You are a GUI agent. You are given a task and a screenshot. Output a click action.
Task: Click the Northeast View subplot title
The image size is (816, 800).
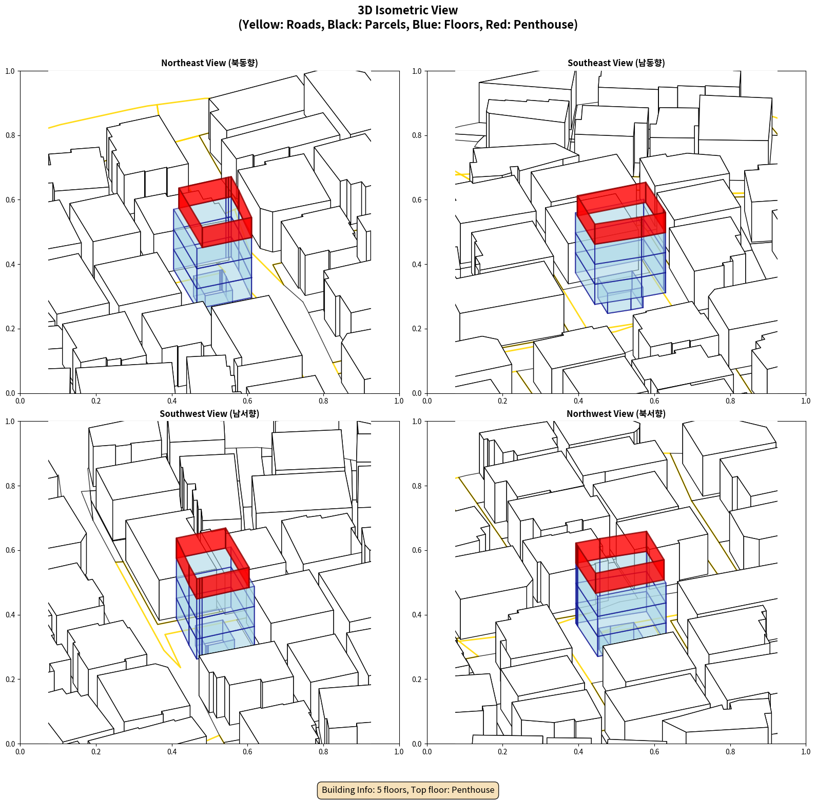[209, 63]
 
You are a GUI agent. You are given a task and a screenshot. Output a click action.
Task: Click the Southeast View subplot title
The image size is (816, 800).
[616, 63]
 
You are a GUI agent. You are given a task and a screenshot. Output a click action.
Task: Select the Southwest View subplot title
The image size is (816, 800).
[209, 413]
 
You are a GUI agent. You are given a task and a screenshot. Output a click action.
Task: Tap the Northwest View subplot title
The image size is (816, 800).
[616, 413]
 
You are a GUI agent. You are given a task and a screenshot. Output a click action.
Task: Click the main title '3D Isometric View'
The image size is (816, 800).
[408, 10]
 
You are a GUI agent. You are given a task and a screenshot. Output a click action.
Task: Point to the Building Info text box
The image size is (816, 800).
[408, 790]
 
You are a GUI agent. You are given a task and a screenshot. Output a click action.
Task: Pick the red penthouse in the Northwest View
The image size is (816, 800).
[620, 562]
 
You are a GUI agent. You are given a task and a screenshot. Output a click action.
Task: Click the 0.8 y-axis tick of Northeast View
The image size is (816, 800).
[10, 135]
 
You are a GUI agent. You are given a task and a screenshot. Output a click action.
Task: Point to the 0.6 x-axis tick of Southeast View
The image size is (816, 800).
[654, 401]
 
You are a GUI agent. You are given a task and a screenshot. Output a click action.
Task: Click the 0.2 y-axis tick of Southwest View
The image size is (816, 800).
[10, 679]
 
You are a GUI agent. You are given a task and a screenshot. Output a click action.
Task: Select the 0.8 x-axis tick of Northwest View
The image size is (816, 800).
[730, 752]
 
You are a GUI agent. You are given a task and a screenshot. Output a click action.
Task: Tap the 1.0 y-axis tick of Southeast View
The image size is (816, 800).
[417, 71]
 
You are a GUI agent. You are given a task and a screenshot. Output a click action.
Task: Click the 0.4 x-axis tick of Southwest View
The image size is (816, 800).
[172, 752]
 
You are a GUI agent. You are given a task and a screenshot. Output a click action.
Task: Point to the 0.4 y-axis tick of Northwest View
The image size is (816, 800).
[417, 614]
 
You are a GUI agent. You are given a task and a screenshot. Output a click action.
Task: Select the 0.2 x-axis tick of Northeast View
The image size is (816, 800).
[96, 401]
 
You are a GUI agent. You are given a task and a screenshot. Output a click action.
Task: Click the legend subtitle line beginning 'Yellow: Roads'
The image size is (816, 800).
[408, 25]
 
